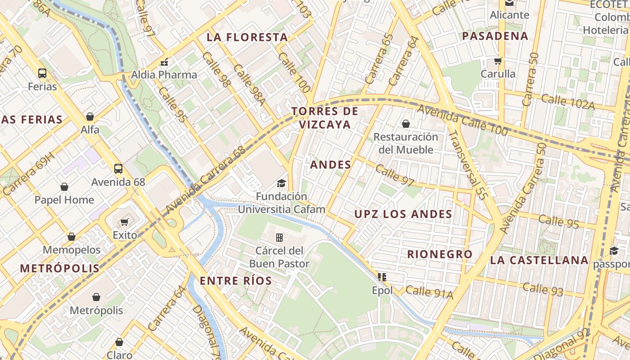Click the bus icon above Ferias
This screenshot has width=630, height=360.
tap(42, 73)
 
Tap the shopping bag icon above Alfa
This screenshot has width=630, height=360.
tap(90, 117)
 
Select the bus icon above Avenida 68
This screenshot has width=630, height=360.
tap(118, 169)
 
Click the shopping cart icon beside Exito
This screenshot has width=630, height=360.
tap(125, 221)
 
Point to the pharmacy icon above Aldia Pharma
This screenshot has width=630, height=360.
tap(164, 62)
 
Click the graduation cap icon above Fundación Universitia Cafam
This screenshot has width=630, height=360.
tap(281, 183)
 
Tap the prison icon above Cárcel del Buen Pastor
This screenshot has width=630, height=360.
tap(279, 237)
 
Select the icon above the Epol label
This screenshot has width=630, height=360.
tap(382, 277)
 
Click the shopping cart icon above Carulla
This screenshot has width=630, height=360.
tap(498, 61)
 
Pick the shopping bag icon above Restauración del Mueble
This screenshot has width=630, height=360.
tap(405, 123)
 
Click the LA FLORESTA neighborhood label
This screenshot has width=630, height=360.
tap(247, 37)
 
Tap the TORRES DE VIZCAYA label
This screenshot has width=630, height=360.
tap(324, 117)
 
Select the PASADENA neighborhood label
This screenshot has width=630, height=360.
tap(495, 36)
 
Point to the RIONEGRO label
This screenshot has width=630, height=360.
tap(440, 254)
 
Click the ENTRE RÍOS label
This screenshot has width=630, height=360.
tap(236, 281)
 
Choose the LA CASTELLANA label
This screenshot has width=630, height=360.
tap(539, 260)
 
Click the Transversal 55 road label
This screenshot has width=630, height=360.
tap(468, 166)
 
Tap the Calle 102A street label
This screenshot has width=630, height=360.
tap(568, 102)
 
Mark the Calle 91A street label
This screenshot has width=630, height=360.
tap(429, 292)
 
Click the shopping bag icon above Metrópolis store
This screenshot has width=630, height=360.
tap(96, 297)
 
